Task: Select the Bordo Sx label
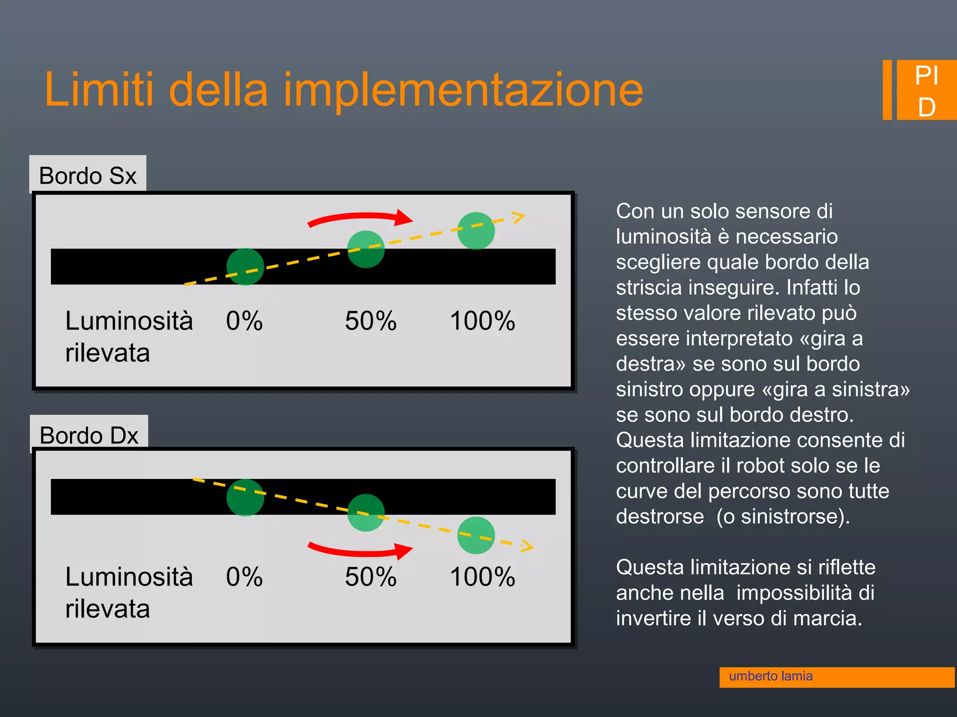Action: pos(87,176)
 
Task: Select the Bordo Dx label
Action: pos(89,435)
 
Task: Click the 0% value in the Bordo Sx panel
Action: pos(244,321)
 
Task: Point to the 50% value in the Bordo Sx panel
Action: pos(371,321)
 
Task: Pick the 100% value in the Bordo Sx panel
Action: pos(482,321)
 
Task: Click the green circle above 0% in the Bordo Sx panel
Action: pos(245,267)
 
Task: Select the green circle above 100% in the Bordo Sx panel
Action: pos(476,231)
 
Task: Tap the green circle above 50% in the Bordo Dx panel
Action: pos(366,513)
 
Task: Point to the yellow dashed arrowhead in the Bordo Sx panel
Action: pos(518,217)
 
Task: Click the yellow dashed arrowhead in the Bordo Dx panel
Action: pos(527,546)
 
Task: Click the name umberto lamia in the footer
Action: pos(771,676)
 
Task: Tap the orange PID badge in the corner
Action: pos(926,91)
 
